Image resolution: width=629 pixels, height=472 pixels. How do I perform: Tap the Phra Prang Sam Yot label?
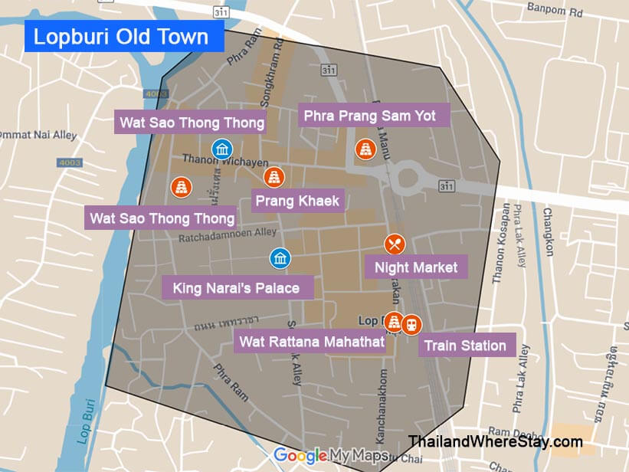coord(369,116)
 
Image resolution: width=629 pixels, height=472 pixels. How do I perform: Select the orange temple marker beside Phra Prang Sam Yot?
coord(365,149)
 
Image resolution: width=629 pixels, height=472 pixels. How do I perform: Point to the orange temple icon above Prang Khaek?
coord(274,177)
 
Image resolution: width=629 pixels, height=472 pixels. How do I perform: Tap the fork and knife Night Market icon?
coord(395,244)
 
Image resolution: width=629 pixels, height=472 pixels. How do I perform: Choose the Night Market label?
coord(416,267)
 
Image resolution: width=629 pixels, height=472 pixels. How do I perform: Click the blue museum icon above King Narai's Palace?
coord(280,258)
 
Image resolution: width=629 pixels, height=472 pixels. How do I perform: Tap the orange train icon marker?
coord(411,324)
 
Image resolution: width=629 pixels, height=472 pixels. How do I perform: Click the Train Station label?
coord(465,346)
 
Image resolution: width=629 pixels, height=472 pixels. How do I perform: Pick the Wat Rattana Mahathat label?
coord(312,342)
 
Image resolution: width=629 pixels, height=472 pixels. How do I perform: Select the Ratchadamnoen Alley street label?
coord(227,238)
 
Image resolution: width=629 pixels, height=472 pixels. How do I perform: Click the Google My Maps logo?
coord(330,455)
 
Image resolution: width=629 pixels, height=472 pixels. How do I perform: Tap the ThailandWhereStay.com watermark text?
coord(495,441)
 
